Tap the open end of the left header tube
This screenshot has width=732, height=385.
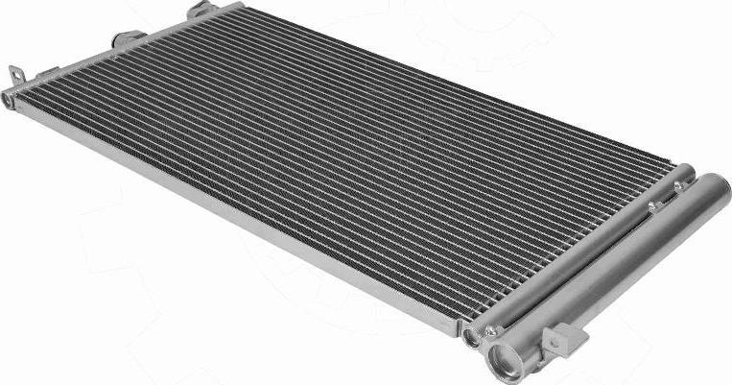pos(8,98)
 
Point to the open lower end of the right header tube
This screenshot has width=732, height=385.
pos(471,337)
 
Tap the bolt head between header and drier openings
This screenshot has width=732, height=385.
pos(491,331)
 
